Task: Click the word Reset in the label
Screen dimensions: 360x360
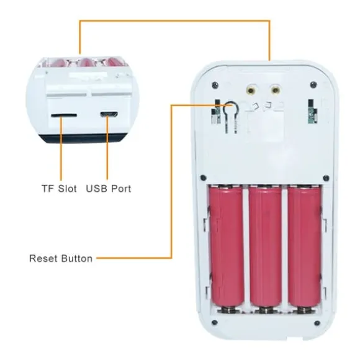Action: click(x=43, y=258)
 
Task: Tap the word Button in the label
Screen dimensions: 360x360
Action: click(x=77, y=258)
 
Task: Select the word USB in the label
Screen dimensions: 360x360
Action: click(x=96, y=189)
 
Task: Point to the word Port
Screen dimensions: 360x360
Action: click(x=121, y=189)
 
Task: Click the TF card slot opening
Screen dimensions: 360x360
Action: click(x=64, y=115)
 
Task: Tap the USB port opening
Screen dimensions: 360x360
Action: click(x=109, y=114)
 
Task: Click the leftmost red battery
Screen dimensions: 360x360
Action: click(x=227, y=248)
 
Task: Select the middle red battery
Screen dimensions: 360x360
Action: click(x=265, y=248)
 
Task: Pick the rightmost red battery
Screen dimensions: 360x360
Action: click(x=304, y=248)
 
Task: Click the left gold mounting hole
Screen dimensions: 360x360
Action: click(x=251, y=89)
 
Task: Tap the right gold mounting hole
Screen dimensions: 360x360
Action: click(x=276, y=89)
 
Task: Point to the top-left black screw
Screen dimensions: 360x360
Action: click(x=215, y=84)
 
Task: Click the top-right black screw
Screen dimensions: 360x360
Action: click(x=313, y=84)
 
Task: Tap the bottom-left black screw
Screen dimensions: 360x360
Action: click(x=214, y=322)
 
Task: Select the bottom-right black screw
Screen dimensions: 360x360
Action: click(x=317, y=323)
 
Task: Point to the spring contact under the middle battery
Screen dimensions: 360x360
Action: click(x=266, y=310)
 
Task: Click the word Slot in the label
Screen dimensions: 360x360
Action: click(x=67, y=189)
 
